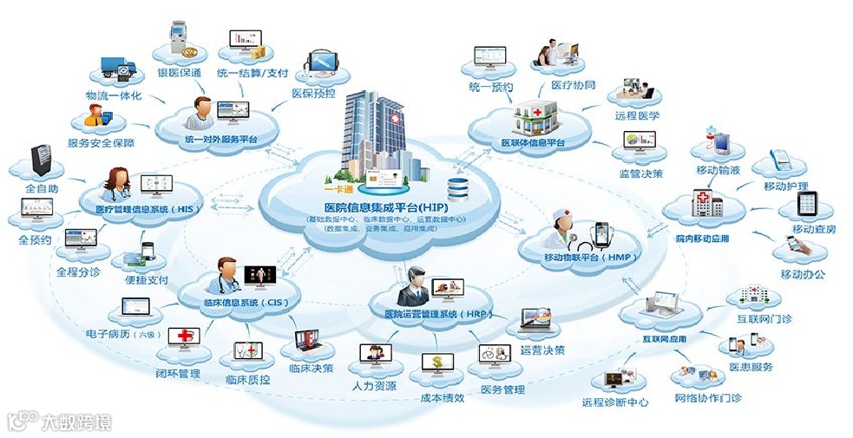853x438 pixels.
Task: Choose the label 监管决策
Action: pos(641,173)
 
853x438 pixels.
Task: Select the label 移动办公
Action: pos(803,275)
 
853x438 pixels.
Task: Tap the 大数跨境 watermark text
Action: pos(79,422)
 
